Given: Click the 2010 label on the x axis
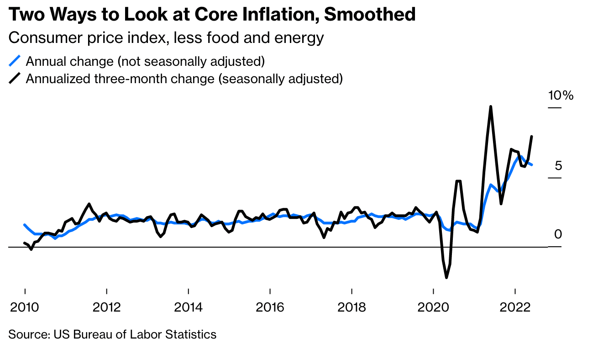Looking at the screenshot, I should point(25,306).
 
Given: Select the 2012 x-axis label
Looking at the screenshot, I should point(106,306).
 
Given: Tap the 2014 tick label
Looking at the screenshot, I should point(188,306).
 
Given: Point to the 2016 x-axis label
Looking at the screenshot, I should point(270,306).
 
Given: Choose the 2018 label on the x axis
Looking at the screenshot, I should point(351,306).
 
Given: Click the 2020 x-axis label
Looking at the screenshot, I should point(433,306).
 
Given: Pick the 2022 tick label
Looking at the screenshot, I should point(515,306).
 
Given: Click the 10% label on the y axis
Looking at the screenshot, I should point(560,95).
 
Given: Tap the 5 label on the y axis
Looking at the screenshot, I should point(558,165).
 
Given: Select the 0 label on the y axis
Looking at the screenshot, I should point(558,235).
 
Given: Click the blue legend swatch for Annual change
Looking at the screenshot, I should point(15,61).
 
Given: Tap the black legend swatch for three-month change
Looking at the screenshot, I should point(15,79).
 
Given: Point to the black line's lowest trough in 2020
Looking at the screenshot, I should point(446,277).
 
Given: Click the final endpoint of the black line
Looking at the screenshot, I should point(532,136).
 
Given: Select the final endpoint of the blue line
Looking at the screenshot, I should point(532,165).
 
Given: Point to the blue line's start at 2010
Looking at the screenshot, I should point(25,225).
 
